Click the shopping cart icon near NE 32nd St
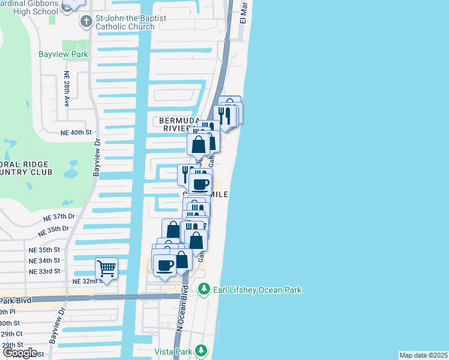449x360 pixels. (x=106, y=268)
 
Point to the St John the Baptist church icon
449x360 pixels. (x=86, y=22)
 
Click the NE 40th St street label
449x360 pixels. (x=76, y=132)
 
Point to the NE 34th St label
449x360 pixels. (x=44, y=260)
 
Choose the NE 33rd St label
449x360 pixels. (x=44, y=271)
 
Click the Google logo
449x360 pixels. (x=20, y=353)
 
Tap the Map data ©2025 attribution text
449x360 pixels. (x=423, y=355)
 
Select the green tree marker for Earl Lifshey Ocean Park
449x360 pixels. (x=203, y=290)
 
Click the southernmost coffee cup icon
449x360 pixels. (x=164, y=265)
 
